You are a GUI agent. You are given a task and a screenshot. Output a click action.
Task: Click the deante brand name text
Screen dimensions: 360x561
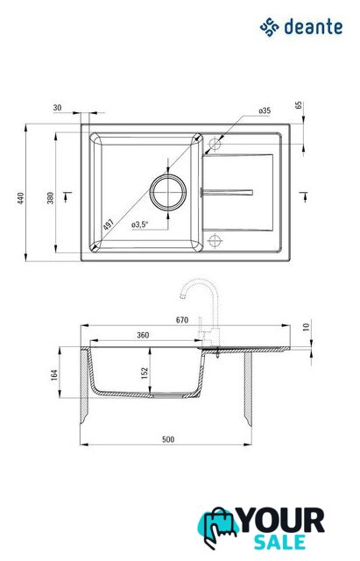click(314, 27)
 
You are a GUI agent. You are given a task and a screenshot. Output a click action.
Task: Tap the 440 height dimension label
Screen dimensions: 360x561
click(21, 198)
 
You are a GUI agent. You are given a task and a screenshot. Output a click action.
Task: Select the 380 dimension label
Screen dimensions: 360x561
click(51, 198)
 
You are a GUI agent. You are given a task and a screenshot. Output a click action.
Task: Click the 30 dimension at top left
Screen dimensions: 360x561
click(57, 107)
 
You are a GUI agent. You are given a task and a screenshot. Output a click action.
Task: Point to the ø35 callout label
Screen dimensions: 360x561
click(265, 110)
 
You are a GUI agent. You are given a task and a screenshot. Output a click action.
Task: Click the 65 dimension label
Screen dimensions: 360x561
click(299, 105)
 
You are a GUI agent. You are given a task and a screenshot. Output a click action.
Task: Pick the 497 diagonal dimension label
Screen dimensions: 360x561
click(109, 224)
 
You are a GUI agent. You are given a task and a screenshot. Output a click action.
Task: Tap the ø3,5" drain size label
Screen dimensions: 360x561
click(139, 224)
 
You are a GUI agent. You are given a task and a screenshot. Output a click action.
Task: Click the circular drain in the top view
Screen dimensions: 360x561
click(168, 193)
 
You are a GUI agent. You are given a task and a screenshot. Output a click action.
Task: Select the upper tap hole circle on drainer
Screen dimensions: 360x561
click(215, 144)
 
